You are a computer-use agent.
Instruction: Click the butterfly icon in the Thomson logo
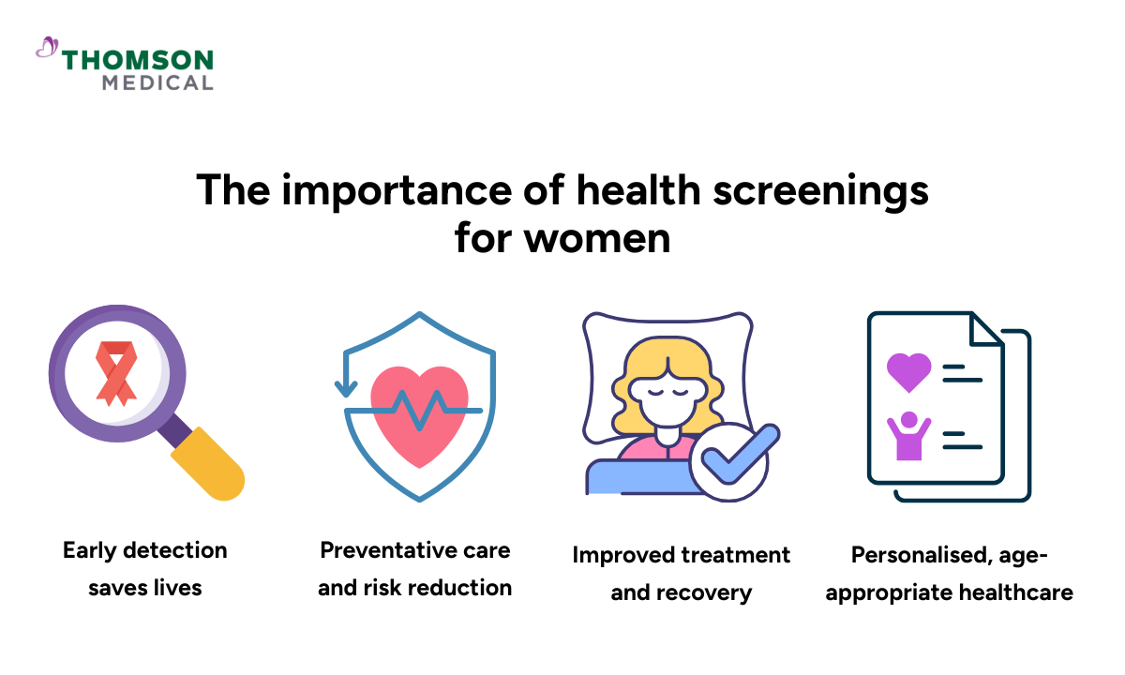[47, 47]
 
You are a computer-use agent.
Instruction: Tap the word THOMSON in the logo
[138, 60]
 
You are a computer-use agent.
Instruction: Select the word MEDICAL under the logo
[157, 82]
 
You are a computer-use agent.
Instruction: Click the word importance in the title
[397, 191]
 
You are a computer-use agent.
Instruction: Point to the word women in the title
[597, 238]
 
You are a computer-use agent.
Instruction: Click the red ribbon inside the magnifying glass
[116, 374]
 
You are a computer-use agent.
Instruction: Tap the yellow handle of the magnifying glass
[208, 463]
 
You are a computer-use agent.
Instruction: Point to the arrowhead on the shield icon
[346, 389]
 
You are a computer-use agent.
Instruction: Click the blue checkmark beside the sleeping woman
[740, 454]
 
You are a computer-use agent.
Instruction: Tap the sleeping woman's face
[667, 399]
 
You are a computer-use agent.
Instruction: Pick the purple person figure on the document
[909, 435]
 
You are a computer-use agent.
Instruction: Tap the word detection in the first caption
[175, 550]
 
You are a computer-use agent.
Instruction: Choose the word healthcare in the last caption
[1016, 592]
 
